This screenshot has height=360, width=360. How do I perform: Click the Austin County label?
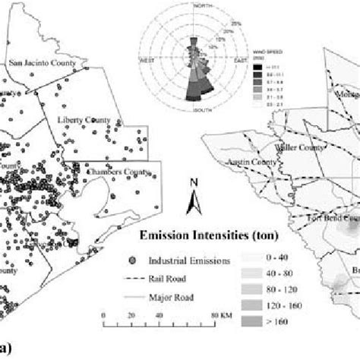[x=245, y=163]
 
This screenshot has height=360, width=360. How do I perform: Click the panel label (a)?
[x=7, y=351]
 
